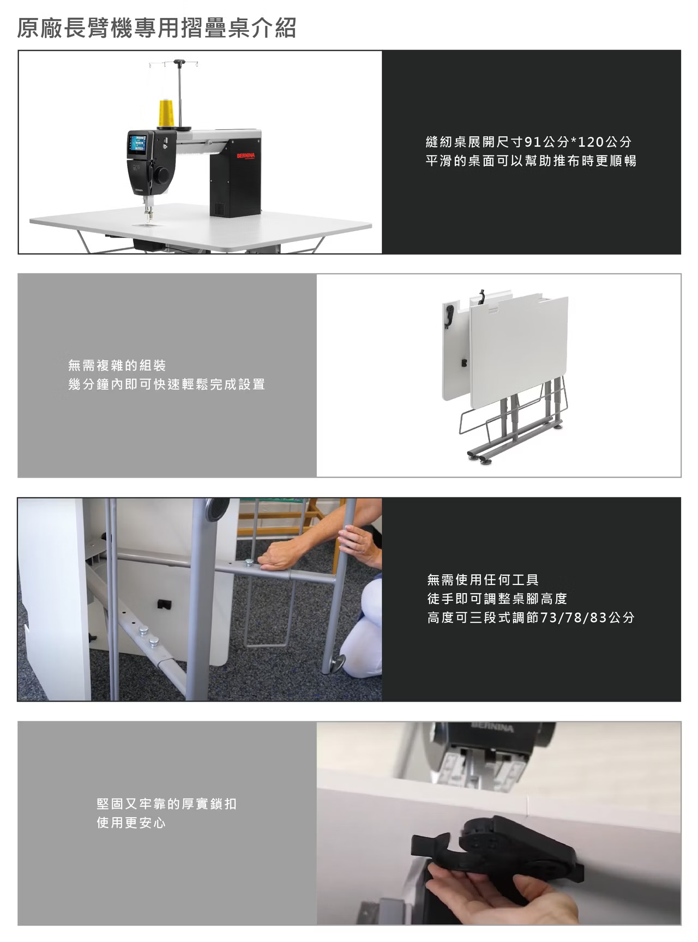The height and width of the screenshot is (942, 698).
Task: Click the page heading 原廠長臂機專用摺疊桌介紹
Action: pos(157,28)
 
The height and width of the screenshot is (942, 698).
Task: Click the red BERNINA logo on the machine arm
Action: pos(245,156)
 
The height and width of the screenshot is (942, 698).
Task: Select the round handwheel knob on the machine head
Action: pos(161,175)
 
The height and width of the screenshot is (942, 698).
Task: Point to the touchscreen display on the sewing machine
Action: pos(136,143)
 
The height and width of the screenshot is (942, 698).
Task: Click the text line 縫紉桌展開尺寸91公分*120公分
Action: pos(528,142)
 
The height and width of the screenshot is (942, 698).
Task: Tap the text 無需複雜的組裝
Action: pos(117,365)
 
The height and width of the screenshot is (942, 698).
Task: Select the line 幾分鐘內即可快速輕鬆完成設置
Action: pos(166,384)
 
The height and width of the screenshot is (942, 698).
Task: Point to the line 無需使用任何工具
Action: pos(483,579)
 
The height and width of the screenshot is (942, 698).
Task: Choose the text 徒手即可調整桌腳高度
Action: pos(497,599)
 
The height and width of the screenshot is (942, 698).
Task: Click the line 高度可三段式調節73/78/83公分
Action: pos(531,618)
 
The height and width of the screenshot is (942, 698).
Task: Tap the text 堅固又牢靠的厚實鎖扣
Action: pos(166,804)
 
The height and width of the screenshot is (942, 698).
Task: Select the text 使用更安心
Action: pos(131,823)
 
